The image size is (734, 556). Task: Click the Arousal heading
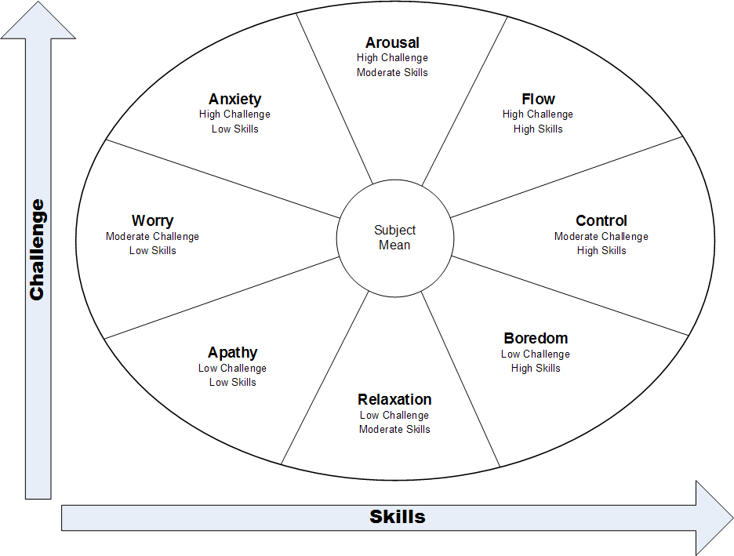[x=392, y=43]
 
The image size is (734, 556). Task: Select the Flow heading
[x=538, y=100]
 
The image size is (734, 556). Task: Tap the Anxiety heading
[x=234, y=100]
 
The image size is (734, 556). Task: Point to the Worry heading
[x=152, y=221]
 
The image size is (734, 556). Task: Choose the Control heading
[x=601, y=221]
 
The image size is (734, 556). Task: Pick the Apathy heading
[x=232, y=353]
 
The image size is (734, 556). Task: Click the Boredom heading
[x=536, y=339]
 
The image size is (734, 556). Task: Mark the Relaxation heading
[x=394, y=400]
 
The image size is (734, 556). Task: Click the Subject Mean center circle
[x=394, y=238]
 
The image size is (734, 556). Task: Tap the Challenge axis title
[x=37, y=249]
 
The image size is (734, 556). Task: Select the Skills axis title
[x=398, y=517]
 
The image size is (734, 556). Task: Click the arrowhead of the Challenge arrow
[x=38, y=20]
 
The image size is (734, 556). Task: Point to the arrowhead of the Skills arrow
[x=714, y=518]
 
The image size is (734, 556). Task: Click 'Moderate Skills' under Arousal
[x=392, y=72]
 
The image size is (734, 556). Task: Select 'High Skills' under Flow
[x=538, y=129]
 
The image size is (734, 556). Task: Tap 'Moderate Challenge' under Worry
[x=152, y=236]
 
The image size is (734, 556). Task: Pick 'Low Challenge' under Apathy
[x=232, y=368]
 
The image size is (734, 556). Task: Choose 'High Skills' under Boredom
[x=536, y=368]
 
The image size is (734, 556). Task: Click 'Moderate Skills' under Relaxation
[x=394, y=429]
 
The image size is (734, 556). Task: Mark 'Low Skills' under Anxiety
[x=234, y=129]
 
